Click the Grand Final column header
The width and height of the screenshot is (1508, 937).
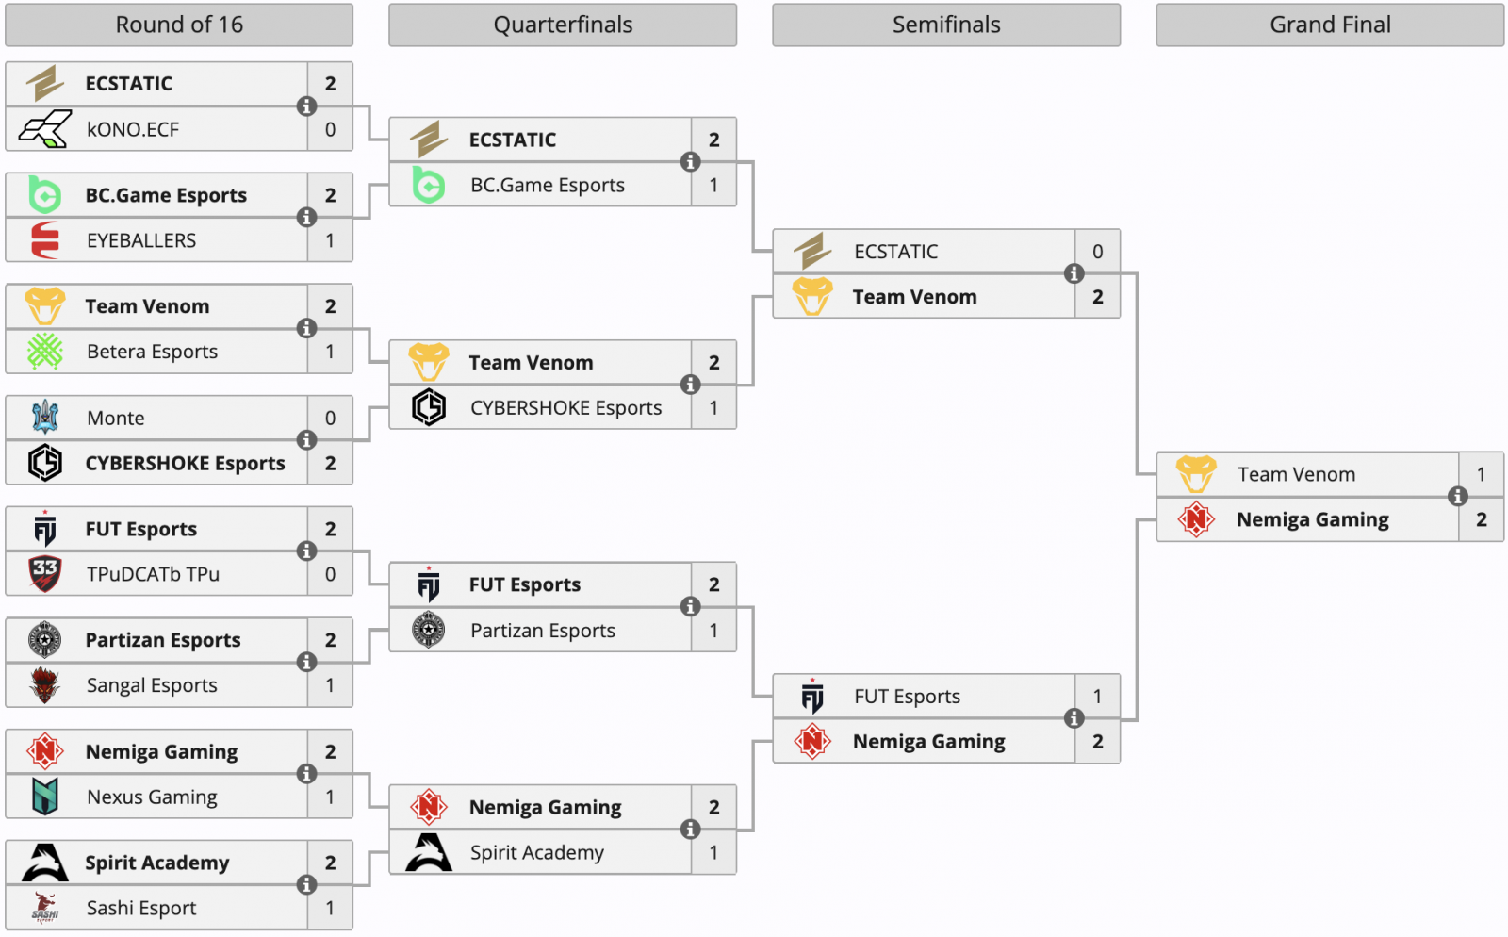[x=1329, y=25]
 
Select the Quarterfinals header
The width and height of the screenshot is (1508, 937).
[x=563, y=25]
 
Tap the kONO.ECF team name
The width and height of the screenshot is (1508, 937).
[x=133, y=129]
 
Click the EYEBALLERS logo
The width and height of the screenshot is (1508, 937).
[x=45, y=240]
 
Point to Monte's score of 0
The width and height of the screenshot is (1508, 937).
[x=330, y=418]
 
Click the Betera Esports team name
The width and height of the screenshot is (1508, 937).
[x=152, y=352]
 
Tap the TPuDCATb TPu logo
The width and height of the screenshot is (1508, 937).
[x=45, y=574]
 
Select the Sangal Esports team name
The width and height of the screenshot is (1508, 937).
[x=152, y=685]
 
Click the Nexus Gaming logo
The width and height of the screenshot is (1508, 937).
[x=45, y=797]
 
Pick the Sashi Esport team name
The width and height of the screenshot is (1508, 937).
[x=141, y=908]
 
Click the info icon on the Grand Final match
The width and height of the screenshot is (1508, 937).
[x=1458, y=496]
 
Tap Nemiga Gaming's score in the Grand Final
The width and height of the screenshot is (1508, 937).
[x=1481, y=519]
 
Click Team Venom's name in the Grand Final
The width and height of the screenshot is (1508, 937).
[x=1296, y=474]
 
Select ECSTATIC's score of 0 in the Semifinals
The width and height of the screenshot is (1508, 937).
[x=1097, y=252]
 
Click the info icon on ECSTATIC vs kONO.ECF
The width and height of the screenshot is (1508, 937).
[x=306, y=106]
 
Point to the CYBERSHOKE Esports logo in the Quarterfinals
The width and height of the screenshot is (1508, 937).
[x=429, y=407]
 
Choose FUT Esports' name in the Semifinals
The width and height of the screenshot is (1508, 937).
[x=907, y=697]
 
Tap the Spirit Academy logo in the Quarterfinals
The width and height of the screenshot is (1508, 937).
[x=429, y=852]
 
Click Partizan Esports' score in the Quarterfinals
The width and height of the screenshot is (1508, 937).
[x=713, y=631]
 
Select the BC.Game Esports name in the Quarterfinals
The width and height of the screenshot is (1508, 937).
[x=548, y=186]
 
